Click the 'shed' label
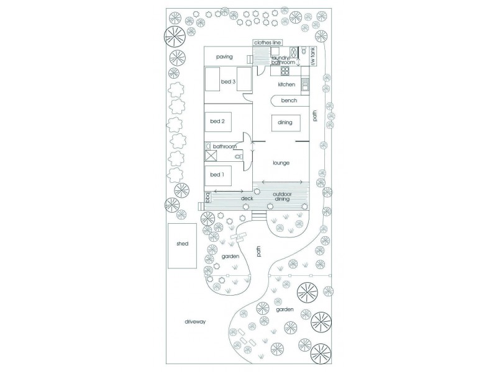(182, 244)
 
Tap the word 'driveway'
(194, 322)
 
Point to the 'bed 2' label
(217, 121)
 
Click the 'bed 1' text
(217, 175)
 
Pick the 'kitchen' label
(286, 84)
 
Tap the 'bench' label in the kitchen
(289, 100)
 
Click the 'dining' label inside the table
(285, 123)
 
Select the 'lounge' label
(282, 163)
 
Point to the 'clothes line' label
(268, 42)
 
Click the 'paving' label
(224, 57)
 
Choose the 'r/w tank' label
(314, 57)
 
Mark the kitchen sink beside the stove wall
(305, 83)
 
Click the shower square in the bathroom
(211, 156)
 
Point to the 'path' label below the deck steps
(258, 251)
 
